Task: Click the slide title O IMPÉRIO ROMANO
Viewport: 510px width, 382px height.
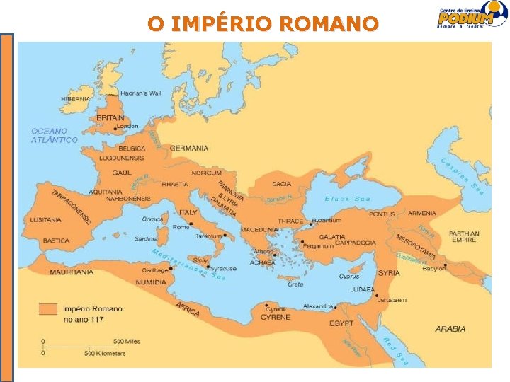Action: pos(263,24)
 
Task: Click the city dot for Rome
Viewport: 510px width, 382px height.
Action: pos(191,224)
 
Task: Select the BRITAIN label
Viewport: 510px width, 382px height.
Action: pos(110,118)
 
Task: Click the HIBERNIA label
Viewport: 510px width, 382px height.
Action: pos(76,99)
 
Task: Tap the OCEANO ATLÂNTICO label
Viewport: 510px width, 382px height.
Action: pos(55,135)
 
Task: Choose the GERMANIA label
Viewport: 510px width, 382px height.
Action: pos(189,148)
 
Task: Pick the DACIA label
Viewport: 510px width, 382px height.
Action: pos(281,184)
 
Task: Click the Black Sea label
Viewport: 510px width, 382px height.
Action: pos(348,199)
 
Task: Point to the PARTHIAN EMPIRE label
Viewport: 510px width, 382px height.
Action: pos(464,237)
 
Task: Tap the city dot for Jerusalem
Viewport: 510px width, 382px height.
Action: pos(376,296)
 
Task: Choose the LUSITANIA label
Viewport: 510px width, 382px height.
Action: pos(45,220)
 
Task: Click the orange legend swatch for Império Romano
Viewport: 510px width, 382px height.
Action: pos(48,308)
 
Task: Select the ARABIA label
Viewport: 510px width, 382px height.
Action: pos(450,329)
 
